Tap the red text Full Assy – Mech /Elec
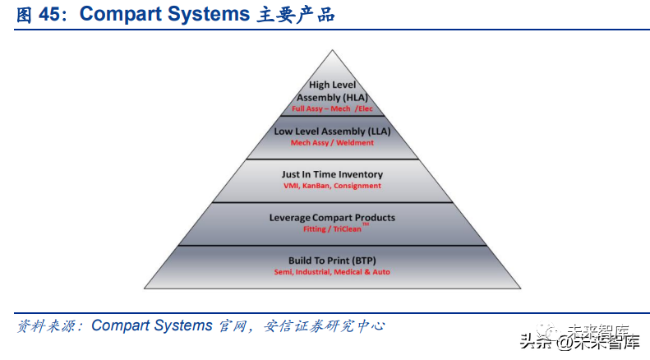tap(332, 108)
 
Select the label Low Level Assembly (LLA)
tap(332, 131)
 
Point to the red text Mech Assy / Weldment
tap(332, 143)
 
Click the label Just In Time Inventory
tap(332, 174)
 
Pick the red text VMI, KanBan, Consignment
tap(332, 186)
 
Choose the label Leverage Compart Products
tap(332, 218)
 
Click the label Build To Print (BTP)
tap(332, 260)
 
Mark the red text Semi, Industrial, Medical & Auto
tap(332, 272)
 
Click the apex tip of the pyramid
tap(333, 52)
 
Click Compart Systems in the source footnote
tap(152, 326)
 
